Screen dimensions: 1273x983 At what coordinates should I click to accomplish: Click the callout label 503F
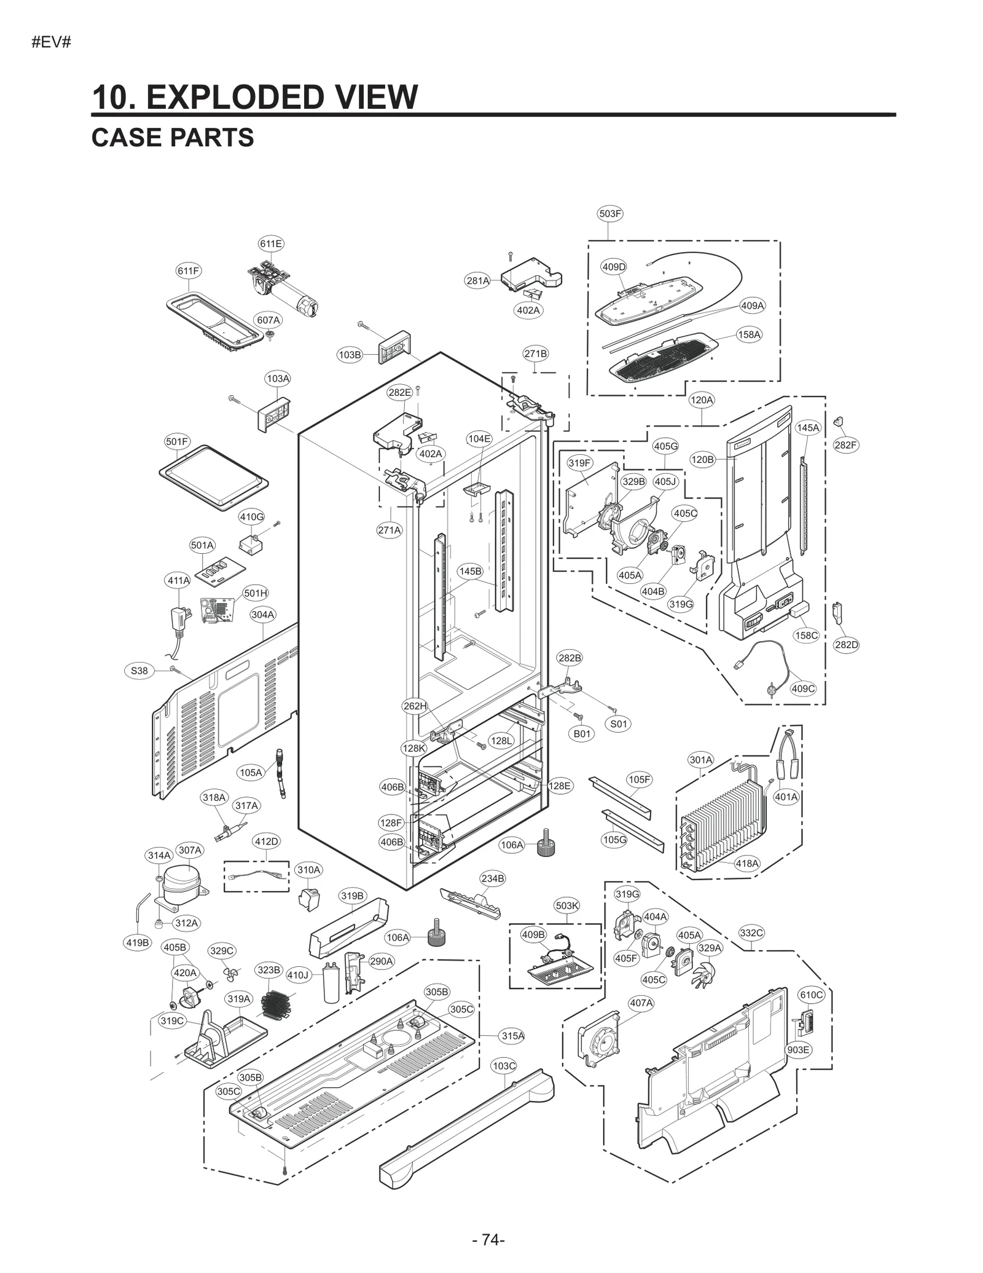coord(609,213)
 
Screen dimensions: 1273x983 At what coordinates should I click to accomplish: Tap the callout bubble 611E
coord(271,243)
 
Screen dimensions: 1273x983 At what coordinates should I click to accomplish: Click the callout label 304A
coord(262,614)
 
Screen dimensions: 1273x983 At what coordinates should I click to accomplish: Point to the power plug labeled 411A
coord(179,620)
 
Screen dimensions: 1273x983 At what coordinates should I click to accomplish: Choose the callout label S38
coord(139,671)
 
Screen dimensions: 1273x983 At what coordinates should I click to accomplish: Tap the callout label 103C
coord(504,1066)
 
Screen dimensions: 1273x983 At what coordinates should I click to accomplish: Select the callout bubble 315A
coord(512,1036)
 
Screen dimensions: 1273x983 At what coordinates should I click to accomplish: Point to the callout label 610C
coord(811,995)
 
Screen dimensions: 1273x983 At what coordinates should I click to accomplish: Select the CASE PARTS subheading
coord(173,138)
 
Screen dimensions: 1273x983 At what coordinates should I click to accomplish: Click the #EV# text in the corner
coord(52,43)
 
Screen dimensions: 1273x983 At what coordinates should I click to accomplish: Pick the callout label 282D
coord(846,645)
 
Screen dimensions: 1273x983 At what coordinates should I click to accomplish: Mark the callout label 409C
coord(803,688)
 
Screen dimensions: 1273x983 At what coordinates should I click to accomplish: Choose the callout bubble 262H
coord(415,706)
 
